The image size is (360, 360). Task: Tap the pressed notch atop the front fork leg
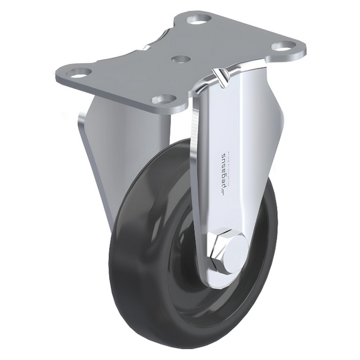tap(220, 76)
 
